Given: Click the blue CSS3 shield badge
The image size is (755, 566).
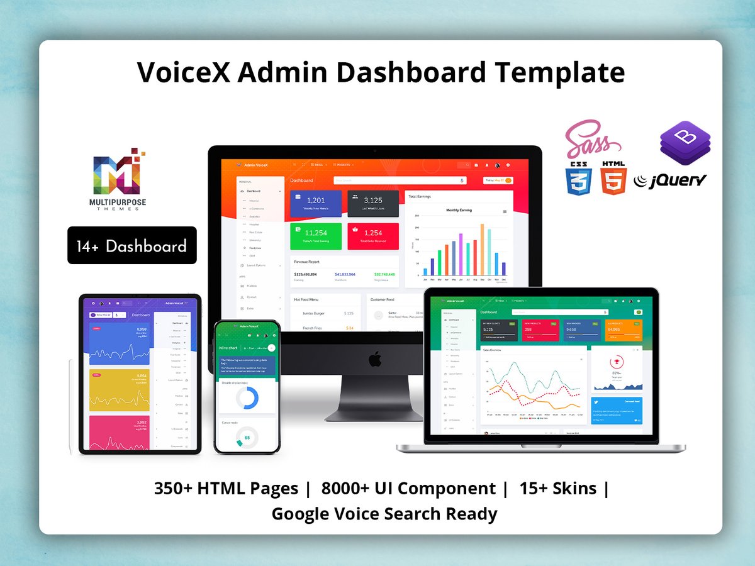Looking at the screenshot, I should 578,178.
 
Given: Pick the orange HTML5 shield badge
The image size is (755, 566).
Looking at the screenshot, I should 613,178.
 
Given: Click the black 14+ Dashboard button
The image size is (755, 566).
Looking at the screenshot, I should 131,245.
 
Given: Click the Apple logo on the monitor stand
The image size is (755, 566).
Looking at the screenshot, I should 374,360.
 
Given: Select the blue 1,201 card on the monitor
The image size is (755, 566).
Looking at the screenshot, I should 316,203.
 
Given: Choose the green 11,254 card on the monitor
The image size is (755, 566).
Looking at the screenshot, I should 316,236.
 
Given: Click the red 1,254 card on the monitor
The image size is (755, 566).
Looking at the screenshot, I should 373,236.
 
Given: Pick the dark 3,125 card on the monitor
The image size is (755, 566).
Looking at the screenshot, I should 373,203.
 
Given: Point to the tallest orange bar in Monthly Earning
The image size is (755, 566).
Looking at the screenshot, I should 482,250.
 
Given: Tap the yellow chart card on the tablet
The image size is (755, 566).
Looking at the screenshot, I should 120,390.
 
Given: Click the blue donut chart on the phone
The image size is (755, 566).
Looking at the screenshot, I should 247,398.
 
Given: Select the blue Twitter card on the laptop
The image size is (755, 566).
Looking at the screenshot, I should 617,410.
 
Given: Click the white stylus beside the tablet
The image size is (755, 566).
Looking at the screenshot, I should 70,406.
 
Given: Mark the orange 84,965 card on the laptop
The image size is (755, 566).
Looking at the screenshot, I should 624,331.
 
